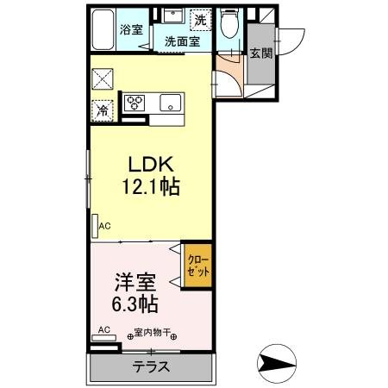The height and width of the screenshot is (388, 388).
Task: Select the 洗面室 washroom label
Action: tap(182, 40)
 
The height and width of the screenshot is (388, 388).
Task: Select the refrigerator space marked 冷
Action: tap(103, 110)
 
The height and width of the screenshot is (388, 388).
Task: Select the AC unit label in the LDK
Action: tap(104, 227)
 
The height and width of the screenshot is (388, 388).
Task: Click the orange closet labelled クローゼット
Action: tap(199, 266)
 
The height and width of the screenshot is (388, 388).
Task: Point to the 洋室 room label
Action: tap(135, 282)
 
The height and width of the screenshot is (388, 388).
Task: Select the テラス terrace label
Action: tap(150, 366)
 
